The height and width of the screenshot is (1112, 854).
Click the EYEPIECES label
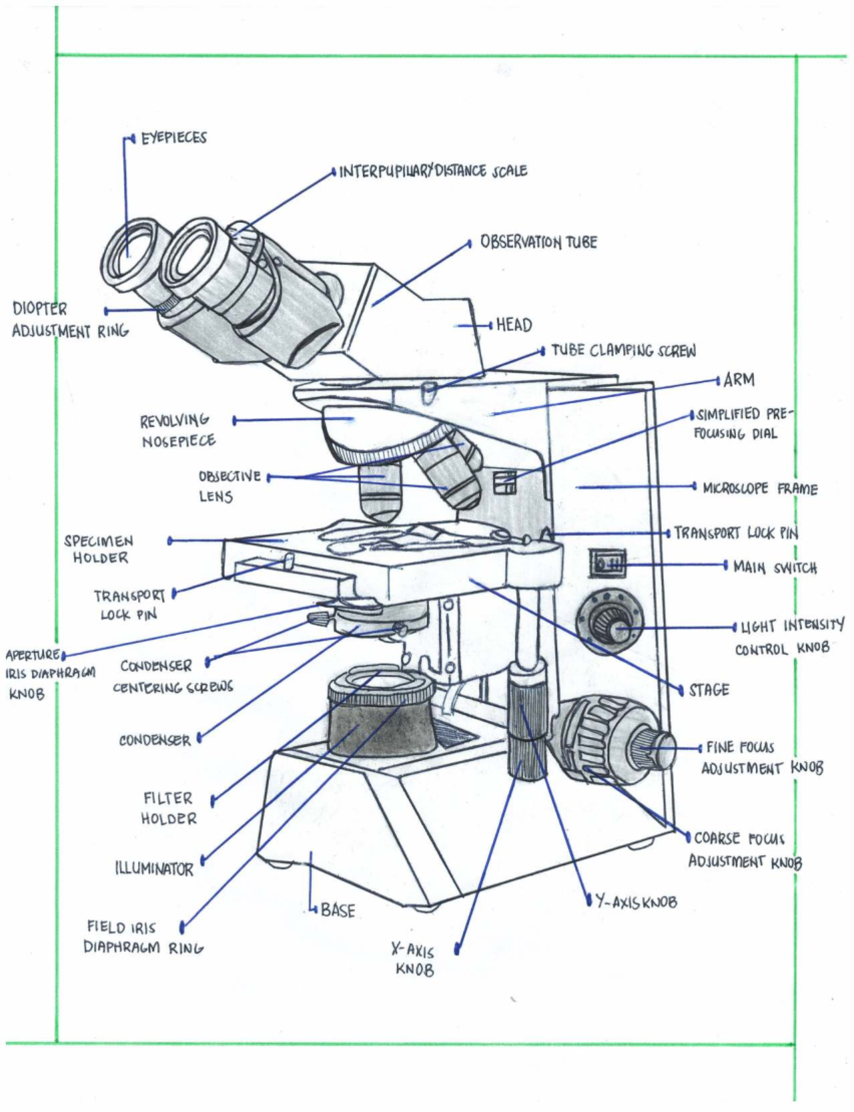tap(173, 137)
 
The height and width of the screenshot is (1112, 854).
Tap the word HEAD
tap(514, 325)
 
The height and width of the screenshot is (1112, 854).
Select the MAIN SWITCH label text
tap(774, 567)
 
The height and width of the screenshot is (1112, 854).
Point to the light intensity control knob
tap(613, 626)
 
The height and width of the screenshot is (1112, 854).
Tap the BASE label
tap(337, 910)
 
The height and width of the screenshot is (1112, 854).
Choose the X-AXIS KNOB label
tap(413, 959)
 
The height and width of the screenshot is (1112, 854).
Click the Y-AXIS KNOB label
tap(636, 902)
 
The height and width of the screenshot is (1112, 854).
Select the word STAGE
tap(708, 690)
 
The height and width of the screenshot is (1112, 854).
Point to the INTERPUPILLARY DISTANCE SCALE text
tap(433, 172)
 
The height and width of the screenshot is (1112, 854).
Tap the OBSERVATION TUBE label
tap(538, 242)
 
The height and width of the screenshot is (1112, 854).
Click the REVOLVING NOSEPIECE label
tap(176, 430)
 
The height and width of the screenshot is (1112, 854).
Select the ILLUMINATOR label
tap(154, 869)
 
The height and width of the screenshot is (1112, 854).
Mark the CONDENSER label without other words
tap(154, 740)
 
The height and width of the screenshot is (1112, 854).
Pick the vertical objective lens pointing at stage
tap(381, 491)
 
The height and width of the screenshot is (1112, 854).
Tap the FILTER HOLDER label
tap(168, 808)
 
